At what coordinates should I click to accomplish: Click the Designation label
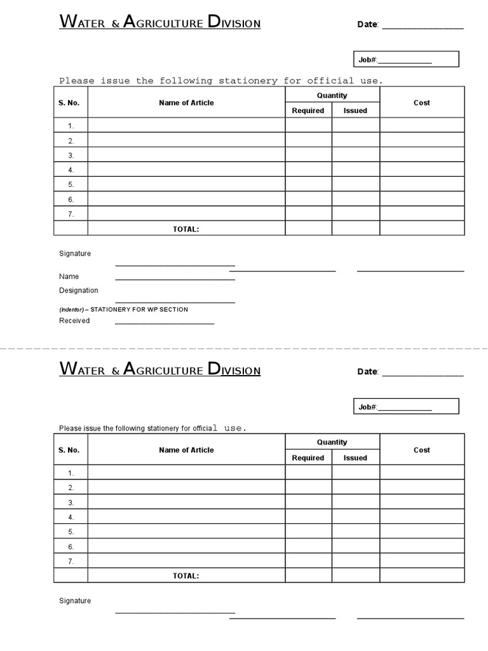(x=79, y=291)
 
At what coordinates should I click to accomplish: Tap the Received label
(x=74, y=321)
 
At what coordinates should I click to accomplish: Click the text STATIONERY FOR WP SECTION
(x=139, y=310)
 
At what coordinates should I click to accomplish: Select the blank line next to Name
(x=175, y=278)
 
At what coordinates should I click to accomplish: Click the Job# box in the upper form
(x=405, y=60)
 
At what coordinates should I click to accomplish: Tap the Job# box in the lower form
(x=405, y=407)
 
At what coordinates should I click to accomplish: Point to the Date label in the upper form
(x=368, y=25)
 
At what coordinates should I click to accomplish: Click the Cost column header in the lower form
(x=422, y=450)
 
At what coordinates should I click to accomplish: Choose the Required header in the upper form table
(x=308, y=111)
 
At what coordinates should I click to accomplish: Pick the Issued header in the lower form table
(x=355, y=458)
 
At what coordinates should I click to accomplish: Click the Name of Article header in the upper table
(x=186, y=103)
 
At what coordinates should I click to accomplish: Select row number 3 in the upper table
(x=71, y=155)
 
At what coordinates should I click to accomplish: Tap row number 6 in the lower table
(x=71, y=547)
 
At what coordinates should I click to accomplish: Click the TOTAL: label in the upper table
(x=186, y=230)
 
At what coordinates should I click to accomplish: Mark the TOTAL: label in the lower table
(x=186, y=576)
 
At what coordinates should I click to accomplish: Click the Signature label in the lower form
(x=75, y=601)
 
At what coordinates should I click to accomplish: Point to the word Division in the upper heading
(x=234, y=24)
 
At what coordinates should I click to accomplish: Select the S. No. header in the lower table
(x=69, y=450)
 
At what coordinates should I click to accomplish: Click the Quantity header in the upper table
(x=332, y=95)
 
